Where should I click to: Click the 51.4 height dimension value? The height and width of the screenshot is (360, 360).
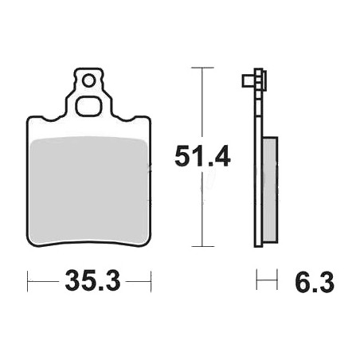coord(202,156)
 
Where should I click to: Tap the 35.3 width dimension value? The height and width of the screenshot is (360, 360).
coord(92,280)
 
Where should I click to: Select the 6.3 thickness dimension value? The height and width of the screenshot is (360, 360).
coord(315,283)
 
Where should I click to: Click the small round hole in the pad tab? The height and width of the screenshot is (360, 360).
coord(88,80)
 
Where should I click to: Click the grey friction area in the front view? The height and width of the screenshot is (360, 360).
coord(89,190)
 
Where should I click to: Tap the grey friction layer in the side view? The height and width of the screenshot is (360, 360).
coord(270,190)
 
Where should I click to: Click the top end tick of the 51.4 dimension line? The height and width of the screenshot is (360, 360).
coord(202,68)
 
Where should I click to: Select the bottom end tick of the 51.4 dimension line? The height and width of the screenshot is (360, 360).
coord(203,246)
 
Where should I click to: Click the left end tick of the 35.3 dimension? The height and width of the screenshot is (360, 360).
coord(28,281)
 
